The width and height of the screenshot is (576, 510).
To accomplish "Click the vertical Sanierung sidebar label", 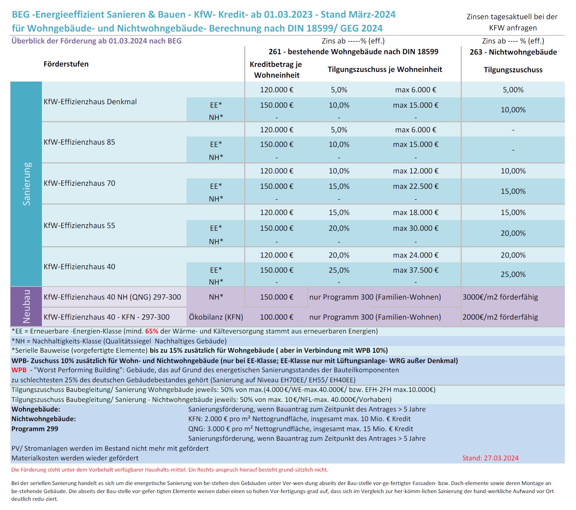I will click(x=27, y=184).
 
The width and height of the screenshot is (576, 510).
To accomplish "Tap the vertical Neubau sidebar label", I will click(x=27, y=307).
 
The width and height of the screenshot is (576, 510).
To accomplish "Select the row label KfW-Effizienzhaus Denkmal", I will click(x=90, y=102).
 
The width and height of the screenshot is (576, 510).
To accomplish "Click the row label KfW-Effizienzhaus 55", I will click(x=80, y=225).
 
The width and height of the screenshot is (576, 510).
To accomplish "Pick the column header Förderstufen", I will click(x=66, y=64).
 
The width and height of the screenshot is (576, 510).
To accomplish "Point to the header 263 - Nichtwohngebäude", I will click(x=513, y=52).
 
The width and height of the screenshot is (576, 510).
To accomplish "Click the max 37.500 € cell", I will click(x=415, y=270).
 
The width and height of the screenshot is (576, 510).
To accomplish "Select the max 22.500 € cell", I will click(x=415, y=186).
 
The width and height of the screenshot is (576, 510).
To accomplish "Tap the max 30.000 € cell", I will click(x=415, y=228).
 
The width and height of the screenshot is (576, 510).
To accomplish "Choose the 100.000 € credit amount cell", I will click(x=276, y=317).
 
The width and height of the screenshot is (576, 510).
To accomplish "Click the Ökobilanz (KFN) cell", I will click(x=216, y=317).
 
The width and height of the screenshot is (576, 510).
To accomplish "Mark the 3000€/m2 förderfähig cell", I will click(x=500, y=297).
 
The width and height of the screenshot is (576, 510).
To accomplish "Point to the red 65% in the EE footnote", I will click(x=151, y=331).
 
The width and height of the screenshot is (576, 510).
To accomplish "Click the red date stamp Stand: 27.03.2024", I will click(x=490, y=458).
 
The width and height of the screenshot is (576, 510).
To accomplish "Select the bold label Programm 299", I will click(x=35, y=429).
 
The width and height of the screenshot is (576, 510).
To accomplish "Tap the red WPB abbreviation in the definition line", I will click(x=19, y=370).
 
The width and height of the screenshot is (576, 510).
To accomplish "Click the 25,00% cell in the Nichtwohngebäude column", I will click(x=513, y=274).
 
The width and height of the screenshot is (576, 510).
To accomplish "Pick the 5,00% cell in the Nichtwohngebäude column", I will click(x=513, y=90).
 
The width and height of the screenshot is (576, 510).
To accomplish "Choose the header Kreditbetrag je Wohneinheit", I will click(x=276, y=70).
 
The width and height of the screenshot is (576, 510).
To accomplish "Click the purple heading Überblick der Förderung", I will click(x=97, y=41).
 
